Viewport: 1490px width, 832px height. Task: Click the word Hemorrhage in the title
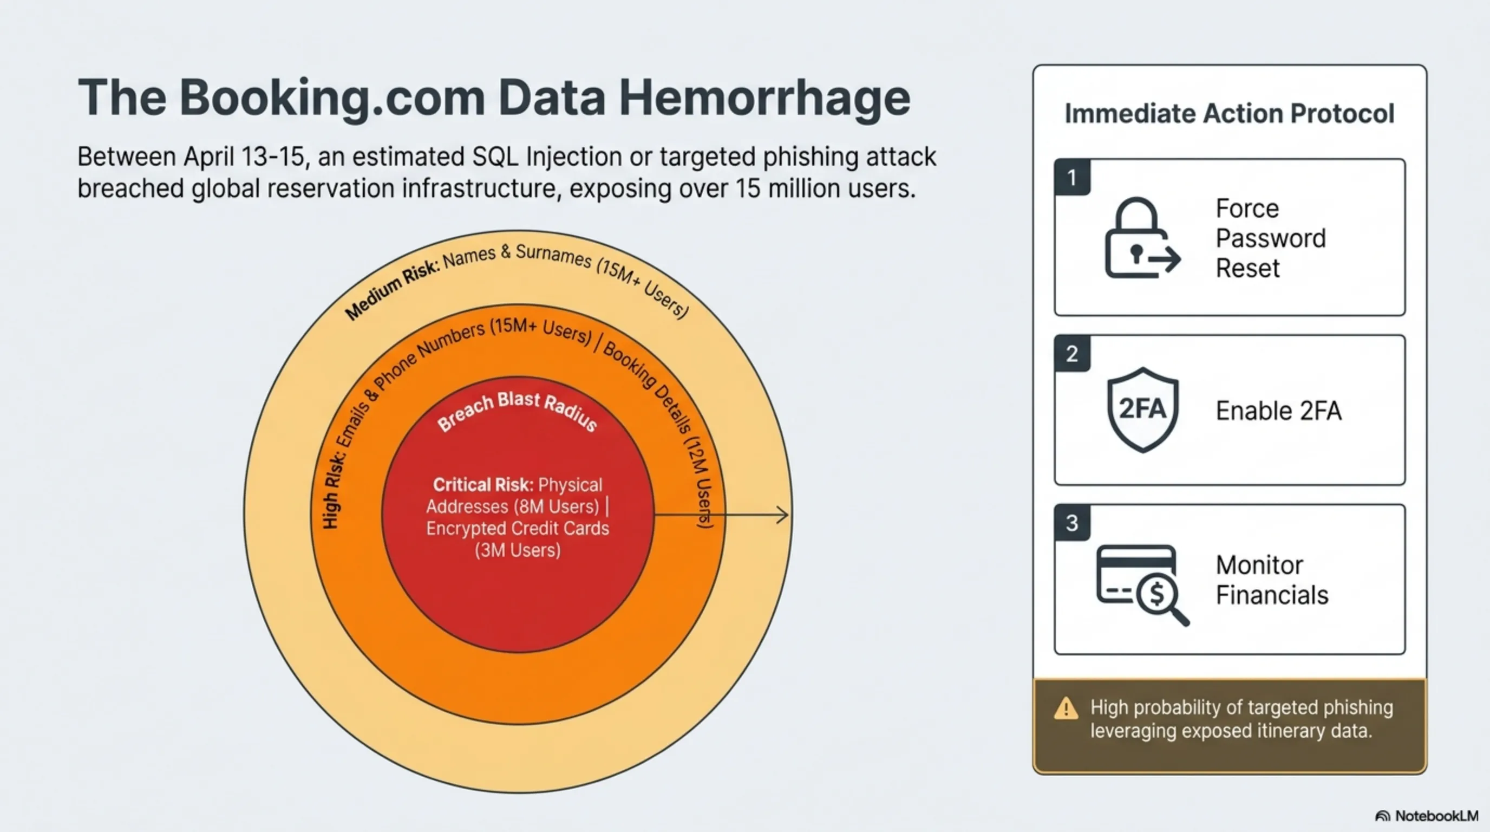[764, 99]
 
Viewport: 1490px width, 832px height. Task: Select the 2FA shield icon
[1142, 409]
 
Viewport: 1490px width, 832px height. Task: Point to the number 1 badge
[1072, 177]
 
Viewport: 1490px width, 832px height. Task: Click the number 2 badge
[1072, 353]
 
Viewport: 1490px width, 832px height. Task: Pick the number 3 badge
[1072, 523]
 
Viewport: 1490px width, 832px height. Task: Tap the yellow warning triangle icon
[1066, 708]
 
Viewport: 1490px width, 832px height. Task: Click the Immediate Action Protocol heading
[1229, 113]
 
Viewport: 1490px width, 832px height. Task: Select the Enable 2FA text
[1278, 411]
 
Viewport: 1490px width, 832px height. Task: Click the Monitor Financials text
[1272, 580]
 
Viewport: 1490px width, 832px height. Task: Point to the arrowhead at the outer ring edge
[786, 515]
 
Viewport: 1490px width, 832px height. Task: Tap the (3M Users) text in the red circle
[518, 550]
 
